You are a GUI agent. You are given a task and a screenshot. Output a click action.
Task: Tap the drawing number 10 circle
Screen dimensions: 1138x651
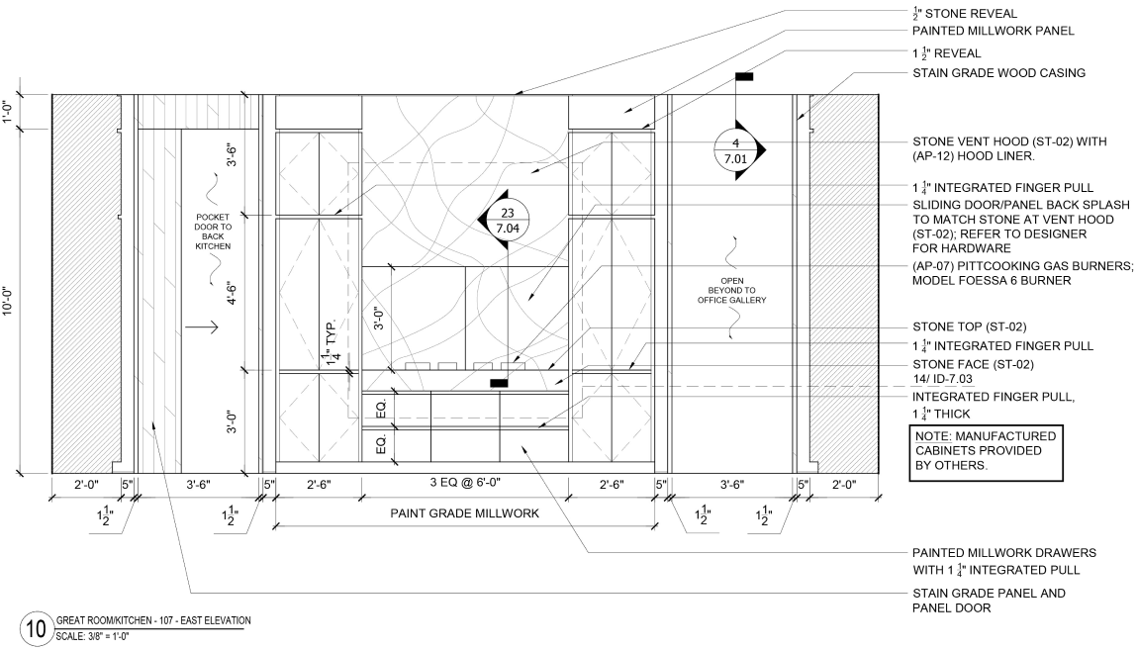click(x=36, y=628)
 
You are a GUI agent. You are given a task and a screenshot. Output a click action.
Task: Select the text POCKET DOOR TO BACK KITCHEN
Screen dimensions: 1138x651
click(x=213, y=232)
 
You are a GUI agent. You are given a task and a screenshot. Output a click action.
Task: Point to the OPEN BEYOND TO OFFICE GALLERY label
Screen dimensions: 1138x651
click(x=731, y=290)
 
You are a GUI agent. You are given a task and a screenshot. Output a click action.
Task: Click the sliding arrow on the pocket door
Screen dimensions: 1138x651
click(x=201, y=327)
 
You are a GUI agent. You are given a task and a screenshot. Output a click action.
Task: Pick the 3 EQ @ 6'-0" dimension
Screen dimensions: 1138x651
click(x=465, y=482)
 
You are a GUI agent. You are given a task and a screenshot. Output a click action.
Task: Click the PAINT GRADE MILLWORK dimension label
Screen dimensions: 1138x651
click(x=464, y=513)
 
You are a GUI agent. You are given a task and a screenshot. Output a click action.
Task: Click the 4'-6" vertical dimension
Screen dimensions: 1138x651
click(x=232, y=293)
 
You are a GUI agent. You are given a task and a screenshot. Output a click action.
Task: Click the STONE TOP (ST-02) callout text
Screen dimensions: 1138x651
click(x=970, y=326)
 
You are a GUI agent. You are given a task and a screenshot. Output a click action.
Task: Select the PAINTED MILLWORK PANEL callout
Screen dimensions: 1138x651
click(x=993, y=31)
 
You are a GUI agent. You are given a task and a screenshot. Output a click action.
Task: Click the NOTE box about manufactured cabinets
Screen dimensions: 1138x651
click(x=986, y=453)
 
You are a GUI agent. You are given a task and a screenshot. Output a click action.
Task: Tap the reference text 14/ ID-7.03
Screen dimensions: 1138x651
click(x=942, y=379)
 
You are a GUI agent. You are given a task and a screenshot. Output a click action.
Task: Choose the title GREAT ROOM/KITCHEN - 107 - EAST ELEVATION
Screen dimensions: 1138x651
click(x=153, y=620)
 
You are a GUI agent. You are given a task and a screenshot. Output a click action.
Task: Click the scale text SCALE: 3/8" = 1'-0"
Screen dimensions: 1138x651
click(x=93, y=636)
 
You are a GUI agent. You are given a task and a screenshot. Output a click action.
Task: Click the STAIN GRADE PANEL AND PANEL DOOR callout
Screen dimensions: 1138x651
click(x=990, y=601)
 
